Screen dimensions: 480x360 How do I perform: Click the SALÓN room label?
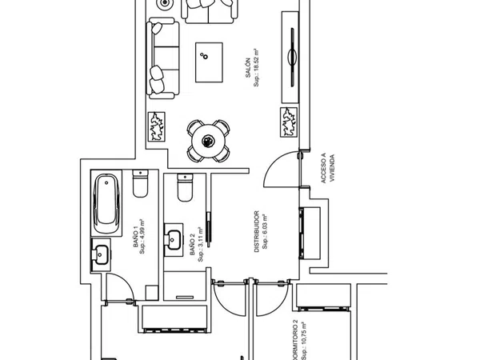(x=248, y=67)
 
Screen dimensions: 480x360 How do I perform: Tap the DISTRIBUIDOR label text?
(x=257, y=231)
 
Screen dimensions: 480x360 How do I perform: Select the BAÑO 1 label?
(x=136, y=235)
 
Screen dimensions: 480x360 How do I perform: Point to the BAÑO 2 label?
(x=192, y=244)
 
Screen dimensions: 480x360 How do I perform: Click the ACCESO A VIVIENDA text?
(x=327, y=168)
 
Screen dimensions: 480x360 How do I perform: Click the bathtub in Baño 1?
(x=106, y=203)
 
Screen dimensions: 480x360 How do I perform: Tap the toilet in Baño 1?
(x=140, y=184)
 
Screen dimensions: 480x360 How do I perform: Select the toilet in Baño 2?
(x=186, y=188)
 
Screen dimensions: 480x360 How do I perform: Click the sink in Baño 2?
(x=174, y=240)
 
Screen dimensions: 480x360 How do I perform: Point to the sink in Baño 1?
(x=101, y=254)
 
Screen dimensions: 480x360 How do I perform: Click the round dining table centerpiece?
(x=208, y=141)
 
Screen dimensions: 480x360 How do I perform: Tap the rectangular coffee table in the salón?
(x=209, y=62)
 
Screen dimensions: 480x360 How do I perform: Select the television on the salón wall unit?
(x=292, y=57)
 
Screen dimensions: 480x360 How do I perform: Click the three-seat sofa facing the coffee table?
(x=162, y=58)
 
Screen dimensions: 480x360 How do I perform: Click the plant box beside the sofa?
(x=157, y=126)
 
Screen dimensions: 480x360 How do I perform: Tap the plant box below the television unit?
(x=289, y=122)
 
